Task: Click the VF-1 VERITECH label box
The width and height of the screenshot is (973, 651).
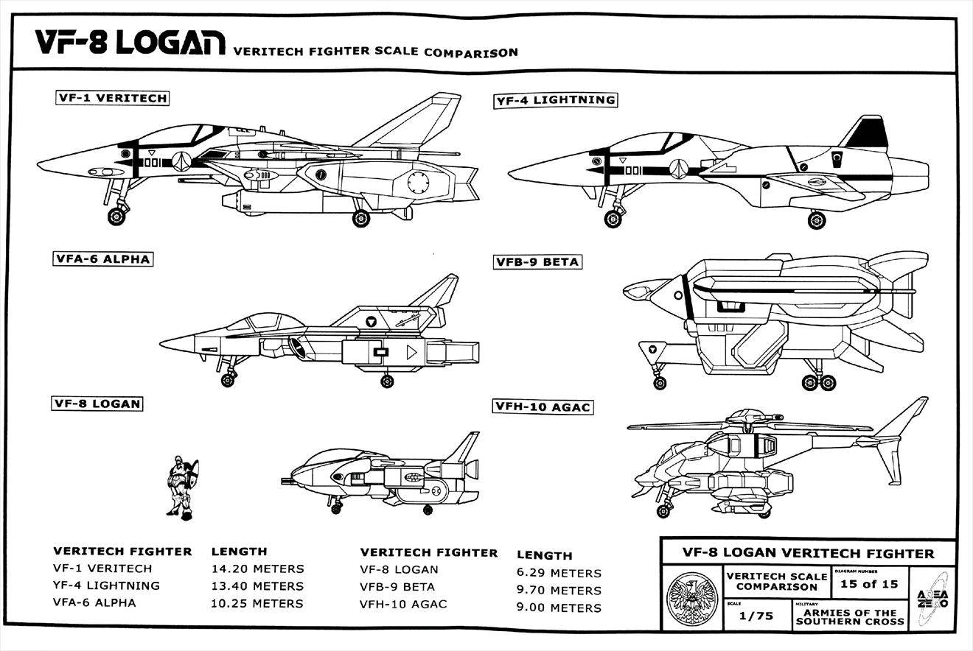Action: tap(112, 98)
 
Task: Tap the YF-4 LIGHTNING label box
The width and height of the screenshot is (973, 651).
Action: tap(554, 100)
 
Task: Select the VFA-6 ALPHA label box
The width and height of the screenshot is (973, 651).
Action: tap(102, 259)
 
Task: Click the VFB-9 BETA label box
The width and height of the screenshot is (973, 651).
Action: tap(537, 262)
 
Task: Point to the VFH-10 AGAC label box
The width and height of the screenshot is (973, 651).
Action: tap(543, 407)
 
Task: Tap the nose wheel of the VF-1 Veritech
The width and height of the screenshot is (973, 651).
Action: tap(117, 216)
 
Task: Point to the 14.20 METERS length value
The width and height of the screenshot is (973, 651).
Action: tap(257, 569)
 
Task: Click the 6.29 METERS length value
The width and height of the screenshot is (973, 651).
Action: tap(559, 573)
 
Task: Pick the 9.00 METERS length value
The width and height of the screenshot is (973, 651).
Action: tap(559, 608)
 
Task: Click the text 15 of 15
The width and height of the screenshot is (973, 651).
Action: tap(869, 585)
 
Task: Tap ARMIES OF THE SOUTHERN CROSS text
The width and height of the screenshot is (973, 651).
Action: tap(850, 617)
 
